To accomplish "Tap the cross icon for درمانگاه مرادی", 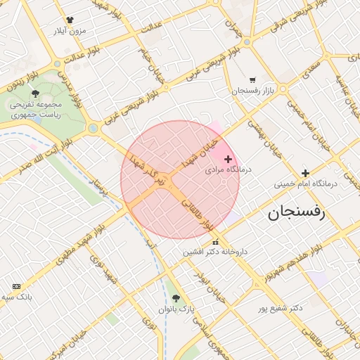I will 228,160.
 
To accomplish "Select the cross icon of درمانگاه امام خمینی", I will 305,173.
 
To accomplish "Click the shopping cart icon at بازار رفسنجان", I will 252,80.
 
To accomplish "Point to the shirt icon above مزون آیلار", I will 70,20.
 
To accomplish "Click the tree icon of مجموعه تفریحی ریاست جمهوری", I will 35,94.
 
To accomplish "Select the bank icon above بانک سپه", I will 16,286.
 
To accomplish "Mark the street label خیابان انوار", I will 212,288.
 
